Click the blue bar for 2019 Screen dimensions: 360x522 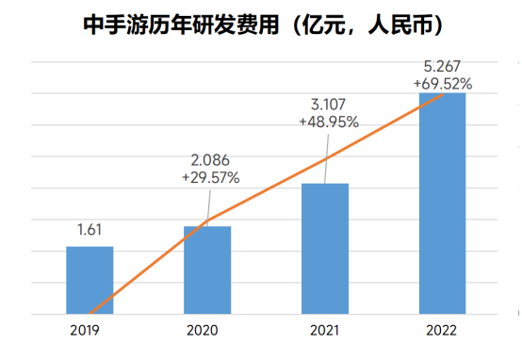90,280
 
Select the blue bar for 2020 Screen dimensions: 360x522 207,270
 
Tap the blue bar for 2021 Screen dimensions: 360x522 325,249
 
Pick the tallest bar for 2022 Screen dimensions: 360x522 443,204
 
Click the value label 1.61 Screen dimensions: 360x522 90,229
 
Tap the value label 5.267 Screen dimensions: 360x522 443,66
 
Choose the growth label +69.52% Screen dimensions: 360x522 443,83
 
